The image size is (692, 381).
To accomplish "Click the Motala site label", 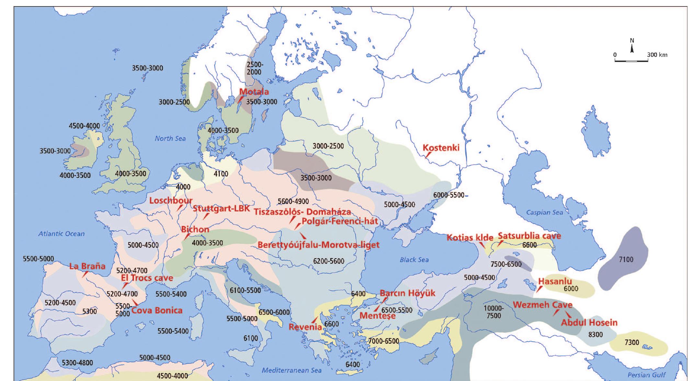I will pos(254,92).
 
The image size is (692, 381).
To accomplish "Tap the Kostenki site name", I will pos(441,148).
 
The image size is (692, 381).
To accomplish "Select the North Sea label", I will pos(170,138).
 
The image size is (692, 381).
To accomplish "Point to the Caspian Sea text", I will pos(544,212).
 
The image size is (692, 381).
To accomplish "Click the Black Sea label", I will pos(414,259).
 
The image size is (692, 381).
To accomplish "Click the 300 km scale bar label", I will pos(657,55).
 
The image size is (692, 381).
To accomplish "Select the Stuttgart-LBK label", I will pos(221,208).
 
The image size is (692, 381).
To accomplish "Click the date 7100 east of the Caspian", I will pos(626,259).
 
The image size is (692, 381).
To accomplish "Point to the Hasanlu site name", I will pos(555,281).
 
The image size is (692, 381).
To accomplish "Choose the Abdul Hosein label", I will pos(589,323).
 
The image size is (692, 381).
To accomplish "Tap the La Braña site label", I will pos(87,266).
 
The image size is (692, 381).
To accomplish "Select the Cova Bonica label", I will pos(157,310).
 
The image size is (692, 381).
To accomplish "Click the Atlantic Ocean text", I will pos(61,233).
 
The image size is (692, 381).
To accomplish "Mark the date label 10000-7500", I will pos(493,312).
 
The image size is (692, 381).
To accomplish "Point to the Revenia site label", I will pos(305,327).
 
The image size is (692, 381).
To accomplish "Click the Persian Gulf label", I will pos(646,375).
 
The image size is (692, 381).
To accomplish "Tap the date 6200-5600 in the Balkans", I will pos(328,261).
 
